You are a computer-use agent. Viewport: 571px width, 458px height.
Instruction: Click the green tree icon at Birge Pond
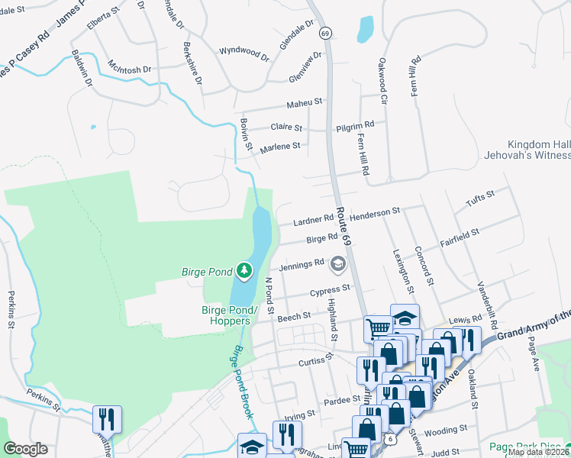click(244, 270)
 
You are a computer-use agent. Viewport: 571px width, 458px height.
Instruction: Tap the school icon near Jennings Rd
click(337, 265)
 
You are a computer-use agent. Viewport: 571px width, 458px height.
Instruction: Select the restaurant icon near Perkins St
click(107, 419)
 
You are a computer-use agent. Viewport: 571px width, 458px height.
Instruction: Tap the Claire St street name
click(287, 127)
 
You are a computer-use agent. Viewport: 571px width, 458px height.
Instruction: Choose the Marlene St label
click(282, 146)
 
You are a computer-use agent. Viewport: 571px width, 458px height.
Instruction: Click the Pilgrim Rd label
click(355, 124)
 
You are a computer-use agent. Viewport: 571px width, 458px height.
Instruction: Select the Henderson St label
click(376, 211)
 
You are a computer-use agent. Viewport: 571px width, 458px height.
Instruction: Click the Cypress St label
click(330, 290)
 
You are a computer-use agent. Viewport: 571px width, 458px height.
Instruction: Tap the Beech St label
click(294, 315)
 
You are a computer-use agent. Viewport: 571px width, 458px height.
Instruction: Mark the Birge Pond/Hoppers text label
click(237, 315)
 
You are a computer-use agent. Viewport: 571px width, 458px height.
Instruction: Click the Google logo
click(25, 449)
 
